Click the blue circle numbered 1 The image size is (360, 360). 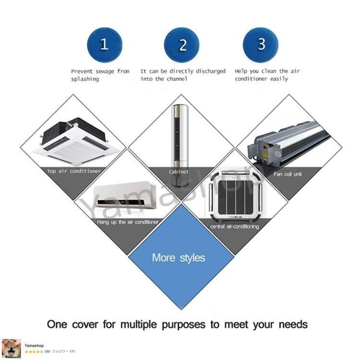(x=105, y=45)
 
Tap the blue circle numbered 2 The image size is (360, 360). (x=182, y=45)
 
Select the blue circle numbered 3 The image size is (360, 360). (x=261, y=45)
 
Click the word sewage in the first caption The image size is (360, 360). (x=105, y=71)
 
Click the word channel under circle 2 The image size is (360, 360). (x=177, y=79)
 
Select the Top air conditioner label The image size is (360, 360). (x=74, y=171)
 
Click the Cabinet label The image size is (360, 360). (x=179, y=172)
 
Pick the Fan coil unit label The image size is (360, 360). (x=288, y=174)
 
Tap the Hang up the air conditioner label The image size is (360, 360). (x=128, y=222)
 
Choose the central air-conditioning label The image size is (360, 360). (x=234, y=227)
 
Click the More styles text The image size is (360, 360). (x=178, y=258)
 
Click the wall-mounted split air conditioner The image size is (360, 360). (x=126, y=195)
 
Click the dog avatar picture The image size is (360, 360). (x=12, y=348)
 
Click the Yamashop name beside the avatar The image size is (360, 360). (x=34, y=346)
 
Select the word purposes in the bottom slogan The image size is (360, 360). (x=184, y=325)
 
